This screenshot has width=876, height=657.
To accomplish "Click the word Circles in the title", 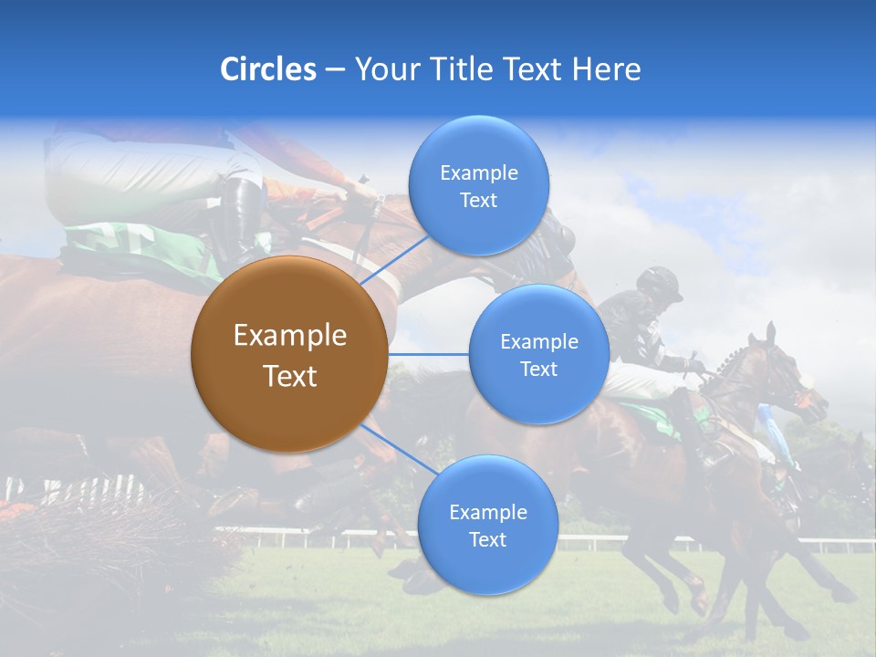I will (x=268, y=69).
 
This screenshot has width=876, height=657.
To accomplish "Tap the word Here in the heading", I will (x=606, y=69).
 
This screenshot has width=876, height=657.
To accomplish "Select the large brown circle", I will (x=289, y=354).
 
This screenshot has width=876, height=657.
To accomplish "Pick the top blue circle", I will (x=478, y=185).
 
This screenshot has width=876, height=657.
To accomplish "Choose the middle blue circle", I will (x=538, y=354).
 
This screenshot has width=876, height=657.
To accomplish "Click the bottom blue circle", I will (x=487, y=525).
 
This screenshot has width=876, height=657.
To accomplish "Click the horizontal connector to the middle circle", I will (x=428, y=354).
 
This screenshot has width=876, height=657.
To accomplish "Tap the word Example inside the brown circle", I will (x=289, y=336).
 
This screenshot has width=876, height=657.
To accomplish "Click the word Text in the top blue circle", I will (x=478, y=201).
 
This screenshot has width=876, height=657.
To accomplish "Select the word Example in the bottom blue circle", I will (x=487, y=512).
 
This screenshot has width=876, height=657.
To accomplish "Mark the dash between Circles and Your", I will (x=335, y=70).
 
